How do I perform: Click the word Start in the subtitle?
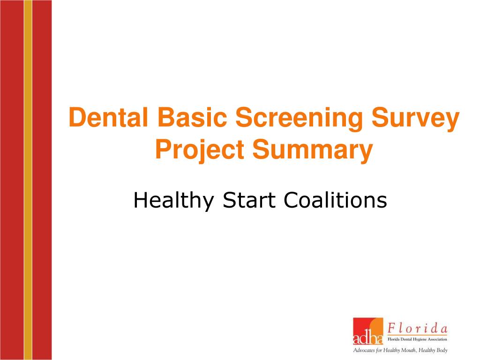pyautogui.click(x=250, y=201)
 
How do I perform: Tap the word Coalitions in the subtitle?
pyautogui.click(x=335, y=201)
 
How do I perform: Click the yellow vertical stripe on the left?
pyautogui.click(x=28, y=180)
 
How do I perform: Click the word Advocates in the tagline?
pyautogui.click(x=364, y=351)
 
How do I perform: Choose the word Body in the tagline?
pyautogui.click(x=441, y=351)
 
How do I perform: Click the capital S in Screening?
pyautogui.click(x=243, y=118)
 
